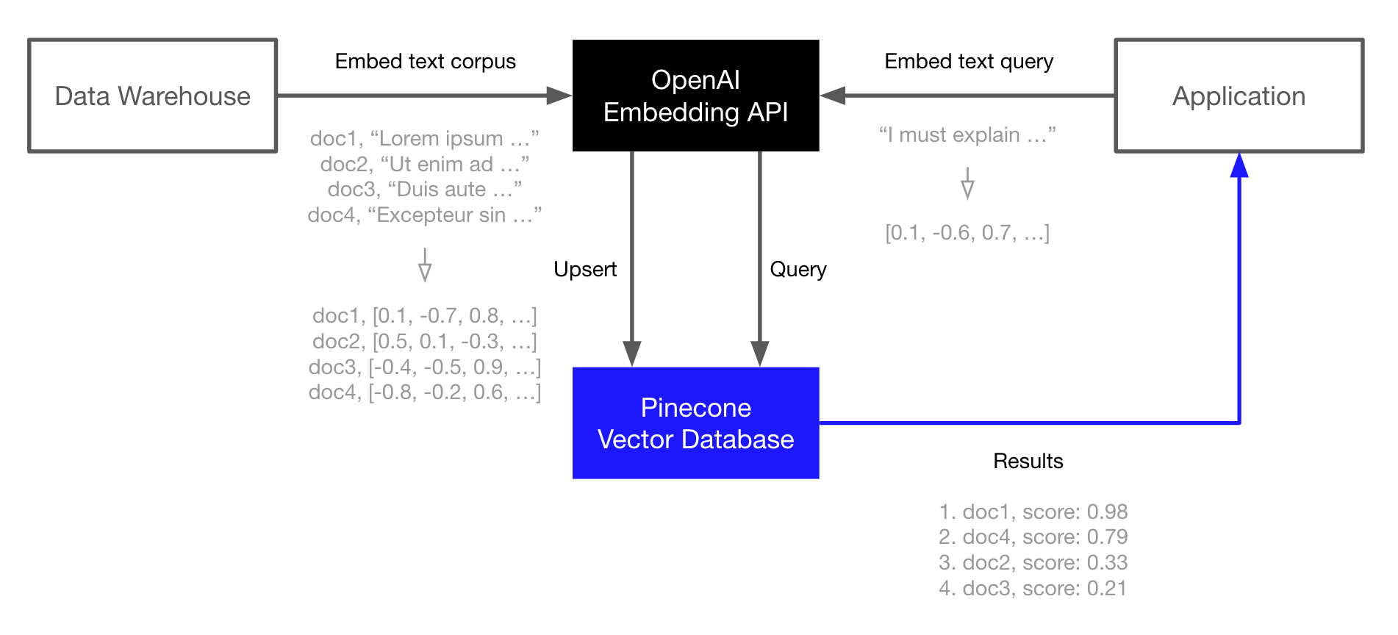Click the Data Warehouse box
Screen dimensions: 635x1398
tap(152, 96)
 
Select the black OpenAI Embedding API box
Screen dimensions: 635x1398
tap(695, 96)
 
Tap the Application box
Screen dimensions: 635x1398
tap(1239, 96)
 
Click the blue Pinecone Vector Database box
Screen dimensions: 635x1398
tap(695, 423)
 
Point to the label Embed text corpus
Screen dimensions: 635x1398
tap(425, 61)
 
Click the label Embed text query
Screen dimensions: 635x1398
tap(968, 61)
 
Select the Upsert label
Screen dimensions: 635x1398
tap(584, 269)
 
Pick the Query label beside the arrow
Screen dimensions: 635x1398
tap(797, 269)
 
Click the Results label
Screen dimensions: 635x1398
tap(1028, 461)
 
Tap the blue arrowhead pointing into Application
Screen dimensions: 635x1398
tap(1239, 165)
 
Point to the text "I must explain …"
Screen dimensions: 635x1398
tap(967, 135)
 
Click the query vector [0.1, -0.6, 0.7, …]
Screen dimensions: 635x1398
tap(967, 233)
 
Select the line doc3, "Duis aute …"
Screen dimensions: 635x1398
tap(425, 190)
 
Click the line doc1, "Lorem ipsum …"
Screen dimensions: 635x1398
tap(425, 138)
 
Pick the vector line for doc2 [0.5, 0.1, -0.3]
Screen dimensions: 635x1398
tap(425, 341)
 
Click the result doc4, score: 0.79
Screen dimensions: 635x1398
tap(1033, 537)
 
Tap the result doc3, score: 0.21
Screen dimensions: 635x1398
tap(1033, 588)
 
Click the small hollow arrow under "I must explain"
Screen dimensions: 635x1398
tap(967, 184)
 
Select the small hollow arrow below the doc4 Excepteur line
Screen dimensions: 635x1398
tap(425, 266)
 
